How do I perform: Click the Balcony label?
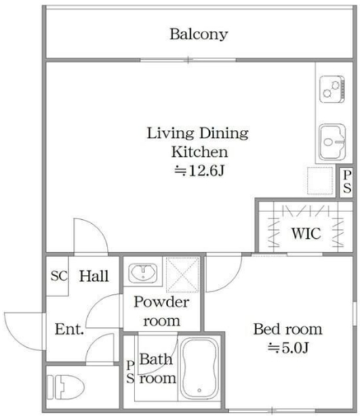(199, 35)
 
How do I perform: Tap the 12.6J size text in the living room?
(199, 171)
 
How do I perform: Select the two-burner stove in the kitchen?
(332, 89)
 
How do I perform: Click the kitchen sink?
(332, 142)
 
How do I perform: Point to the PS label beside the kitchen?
(347, 182)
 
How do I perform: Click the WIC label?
(306, 234)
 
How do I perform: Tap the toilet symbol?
(66, 387)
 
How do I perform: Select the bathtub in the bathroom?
(199, 369)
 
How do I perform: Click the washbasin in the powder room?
(143, 273)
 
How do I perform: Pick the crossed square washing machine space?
(183, 274)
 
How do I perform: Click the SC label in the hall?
(59, 276)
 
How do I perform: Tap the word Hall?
(94, 276)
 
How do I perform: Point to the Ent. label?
(70, 329)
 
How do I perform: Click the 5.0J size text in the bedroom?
(289, 348)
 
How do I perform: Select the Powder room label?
(162, 311)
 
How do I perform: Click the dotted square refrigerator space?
(320, 180)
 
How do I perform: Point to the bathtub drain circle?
(199, 390)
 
